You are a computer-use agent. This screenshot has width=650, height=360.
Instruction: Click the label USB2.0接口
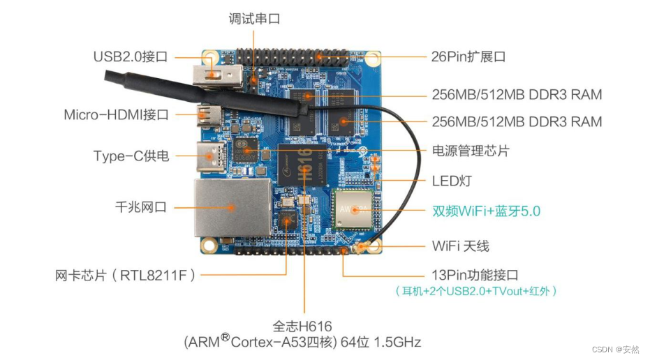coord(131,57)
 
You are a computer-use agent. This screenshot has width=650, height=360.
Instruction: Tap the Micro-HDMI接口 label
coord(116,114)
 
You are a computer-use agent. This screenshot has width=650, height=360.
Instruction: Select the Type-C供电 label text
coord(131,156)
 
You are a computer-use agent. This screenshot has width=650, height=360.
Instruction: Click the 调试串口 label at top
coord(254,19)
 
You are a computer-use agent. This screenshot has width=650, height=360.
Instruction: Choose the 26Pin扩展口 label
coord(468,56)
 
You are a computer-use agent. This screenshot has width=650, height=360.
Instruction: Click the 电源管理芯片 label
coord(471,151)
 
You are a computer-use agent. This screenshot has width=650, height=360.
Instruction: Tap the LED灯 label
coord(452,181)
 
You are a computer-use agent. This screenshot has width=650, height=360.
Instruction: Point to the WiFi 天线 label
coord(461,246)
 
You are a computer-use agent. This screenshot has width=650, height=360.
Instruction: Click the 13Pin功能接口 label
coord(475,275)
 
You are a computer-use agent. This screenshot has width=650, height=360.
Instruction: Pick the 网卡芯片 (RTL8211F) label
coord(125,276)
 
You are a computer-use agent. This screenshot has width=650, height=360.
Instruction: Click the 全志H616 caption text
coord(302,326)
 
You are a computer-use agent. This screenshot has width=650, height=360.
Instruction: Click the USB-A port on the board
coord(216,74)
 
